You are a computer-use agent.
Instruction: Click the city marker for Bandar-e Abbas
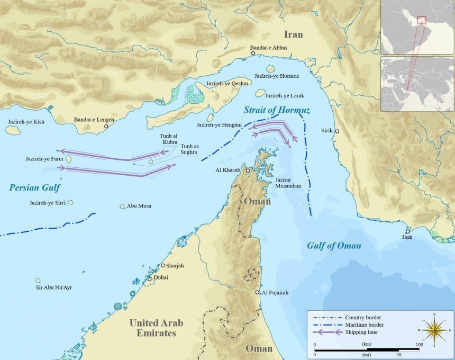[253, 53]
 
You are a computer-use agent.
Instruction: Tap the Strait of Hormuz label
[277, 110]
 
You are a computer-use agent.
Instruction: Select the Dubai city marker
[150, 279]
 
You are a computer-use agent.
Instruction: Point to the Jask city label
[407, 237]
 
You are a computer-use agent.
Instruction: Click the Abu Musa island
[123, 206]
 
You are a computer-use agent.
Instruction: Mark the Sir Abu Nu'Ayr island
[38, 281]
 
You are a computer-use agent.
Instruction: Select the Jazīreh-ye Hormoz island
[270, 68]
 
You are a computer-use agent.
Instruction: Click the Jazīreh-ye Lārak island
[260, 93]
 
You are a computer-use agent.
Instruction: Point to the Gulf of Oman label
[334, 245]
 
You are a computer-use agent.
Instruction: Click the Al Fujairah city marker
[258, 292]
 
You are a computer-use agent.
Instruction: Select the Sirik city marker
[337, 131]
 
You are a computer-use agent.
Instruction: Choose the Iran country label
[294, 34]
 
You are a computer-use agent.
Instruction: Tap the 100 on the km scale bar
[419, 345]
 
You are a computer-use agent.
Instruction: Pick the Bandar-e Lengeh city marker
[106, 127]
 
